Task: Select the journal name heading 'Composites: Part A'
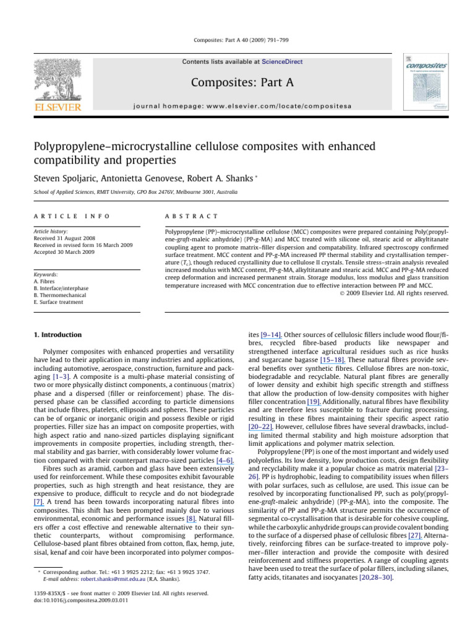237,82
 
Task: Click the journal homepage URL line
237,106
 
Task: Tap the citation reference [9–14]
272,335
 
